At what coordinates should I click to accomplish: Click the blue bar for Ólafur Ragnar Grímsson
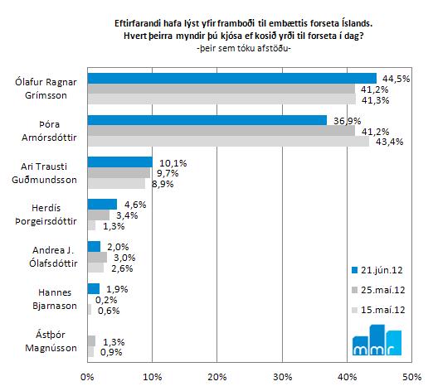[232, 79]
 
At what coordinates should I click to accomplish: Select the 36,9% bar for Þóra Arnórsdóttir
[207, 121]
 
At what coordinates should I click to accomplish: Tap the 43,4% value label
[389, 142]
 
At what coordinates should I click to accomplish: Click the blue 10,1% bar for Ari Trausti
[120, 162]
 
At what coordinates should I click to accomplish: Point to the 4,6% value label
[135, 205]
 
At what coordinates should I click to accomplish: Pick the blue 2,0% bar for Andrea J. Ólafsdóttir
[94, 247]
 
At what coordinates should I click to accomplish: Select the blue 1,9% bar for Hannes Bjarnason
[94, 289]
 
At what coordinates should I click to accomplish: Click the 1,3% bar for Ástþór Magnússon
[91, 341]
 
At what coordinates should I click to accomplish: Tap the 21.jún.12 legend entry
[377, 270]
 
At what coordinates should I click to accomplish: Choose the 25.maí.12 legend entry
[378, 290]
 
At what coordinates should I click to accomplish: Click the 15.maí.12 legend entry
[378, 310]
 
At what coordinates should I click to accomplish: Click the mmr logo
[377, 340]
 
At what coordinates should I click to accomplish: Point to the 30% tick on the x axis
[282, 377]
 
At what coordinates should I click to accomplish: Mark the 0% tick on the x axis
[87, 377]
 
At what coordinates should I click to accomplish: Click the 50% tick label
[412, 377]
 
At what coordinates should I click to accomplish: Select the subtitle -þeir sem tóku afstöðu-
[244, 49]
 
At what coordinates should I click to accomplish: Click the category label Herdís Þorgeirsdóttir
[46, 215]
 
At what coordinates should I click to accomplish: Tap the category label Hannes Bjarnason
[55, 299]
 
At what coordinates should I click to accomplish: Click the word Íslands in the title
[357, 23]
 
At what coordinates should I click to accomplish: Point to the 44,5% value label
[396, 79]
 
